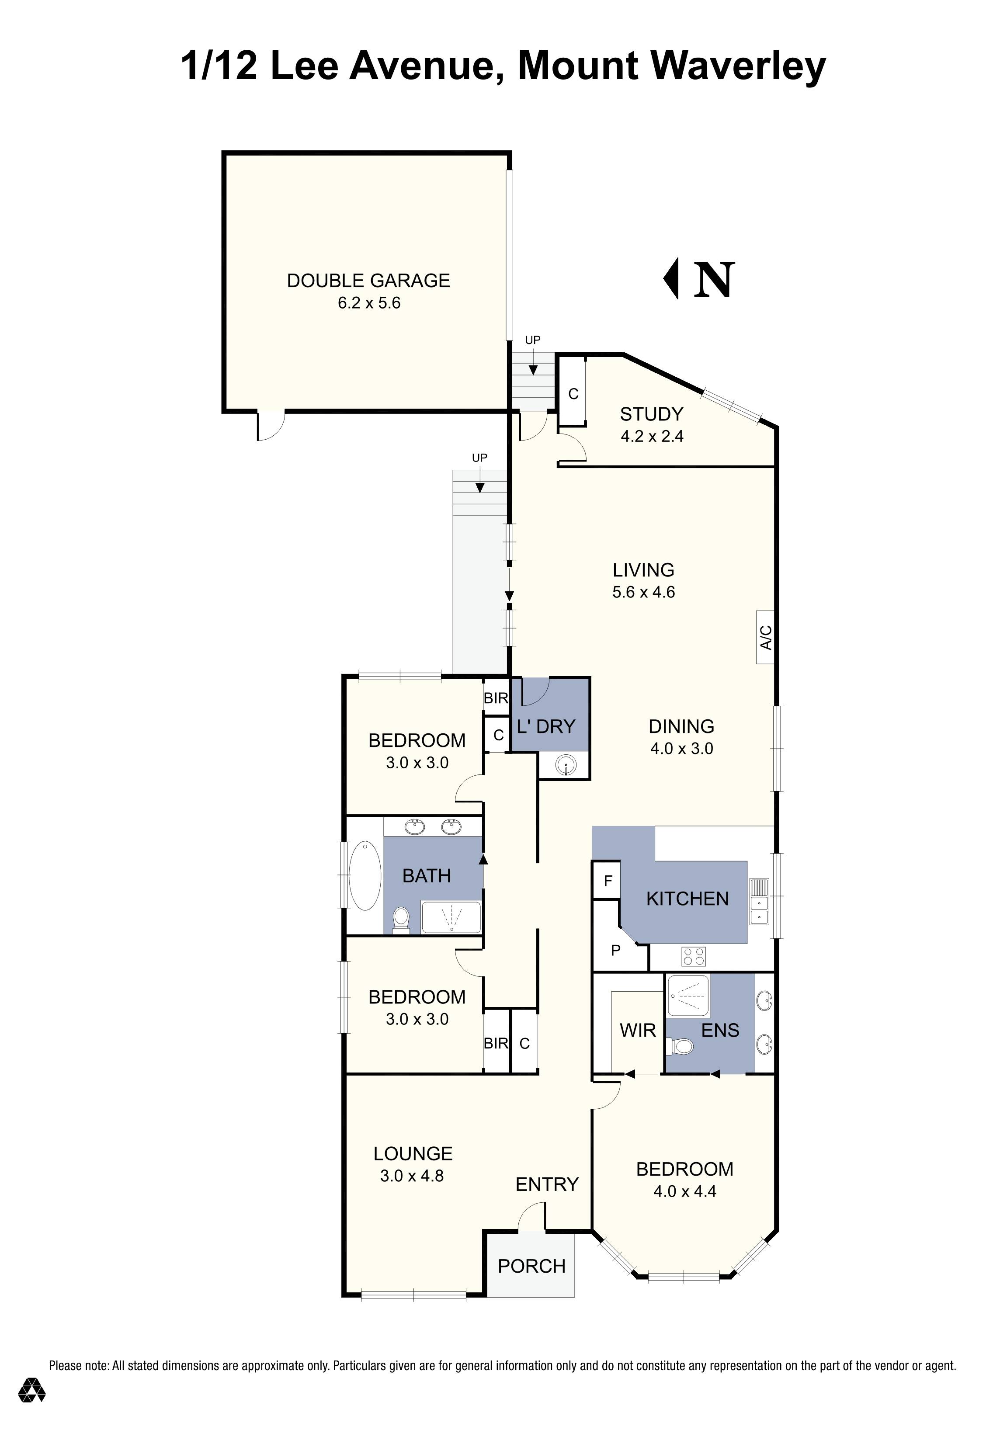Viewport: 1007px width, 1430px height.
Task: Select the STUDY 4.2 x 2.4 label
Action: (x=651, y=425)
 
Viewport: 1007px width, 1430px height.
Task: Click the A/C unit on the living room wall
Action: (x=765, y=637)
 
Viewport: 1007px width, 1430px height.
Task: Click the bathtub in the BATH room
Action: (x=365, y=876)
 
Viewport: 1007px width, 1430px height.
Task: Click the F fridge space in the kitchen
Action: (x=608, y=881)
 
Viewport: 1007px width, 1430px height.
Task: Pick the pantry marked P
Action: (x=615, y=951)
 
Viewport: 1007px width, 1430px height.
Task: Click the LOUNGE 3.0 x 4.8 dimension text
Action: (x=412, y=1176)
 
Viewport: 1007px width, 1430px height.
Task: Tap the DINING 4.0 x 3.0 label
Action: (x=681, y=737)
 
